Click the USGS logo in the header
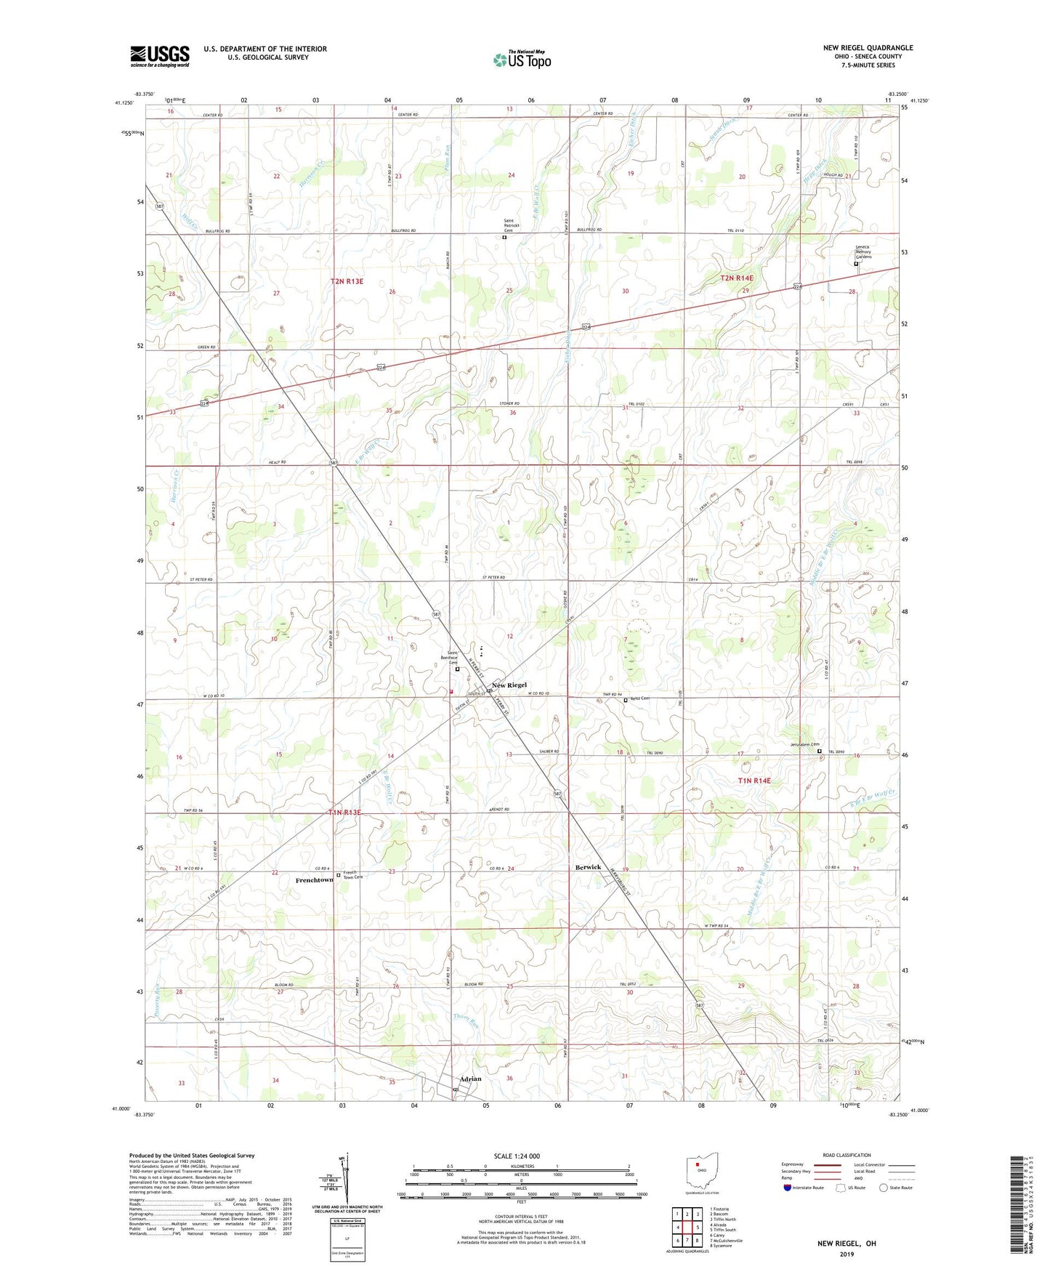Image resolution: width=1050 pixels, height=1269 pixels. click(160, 56)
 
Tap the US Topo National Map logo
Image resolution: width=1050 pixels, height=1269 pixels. click(522, 60)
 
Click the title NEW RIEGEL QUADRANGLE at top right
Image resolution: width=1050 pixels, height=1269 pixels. click(868, 48)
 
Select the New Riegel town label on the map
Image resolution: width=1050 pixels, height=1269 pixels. click(509, 685)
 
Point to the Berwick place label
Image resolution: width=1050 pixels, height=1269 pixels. click(588, 867)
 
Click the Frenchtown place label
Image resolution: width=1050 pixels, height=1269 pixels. click(314, 880)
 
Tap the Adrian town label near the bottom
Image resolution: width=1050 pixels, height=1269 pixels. click(470, 1079)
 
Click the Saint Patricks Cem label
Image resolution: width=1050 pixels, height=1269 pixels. click(514, 225)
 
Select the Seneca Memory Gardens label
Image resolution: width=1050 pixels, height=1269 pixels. click(863, 251)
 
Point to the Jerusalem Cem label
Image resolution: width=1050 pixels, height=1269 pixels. click(804, 744)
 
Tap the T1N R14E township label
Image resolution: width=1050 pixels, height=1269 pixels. click(754, 781)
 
